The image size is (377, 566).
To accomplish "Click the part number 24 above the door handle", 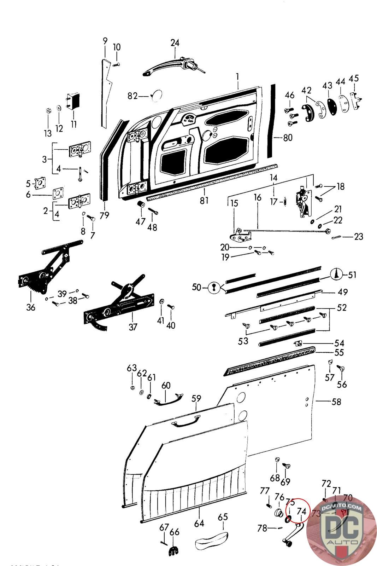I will [175, 43].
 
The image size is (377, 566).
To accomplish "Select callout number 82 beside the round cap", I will [132, 96].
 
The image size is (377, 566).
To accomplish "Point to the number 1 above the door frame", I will [238, 76].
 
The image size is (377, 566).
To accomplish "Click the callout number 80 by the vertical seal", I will [288, 137].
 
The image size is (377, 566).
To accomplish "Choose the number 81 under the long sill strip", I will [204, 201].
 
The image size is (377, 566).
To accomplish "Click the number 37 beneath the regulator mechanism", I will [133, 327].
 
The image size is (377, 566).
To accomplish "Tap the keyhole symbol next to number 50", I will [213, 287].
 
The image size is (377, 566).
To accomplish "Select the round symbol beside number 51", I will [337, 274].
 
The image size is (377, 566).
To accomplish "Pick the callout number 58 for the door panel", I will [336, 402].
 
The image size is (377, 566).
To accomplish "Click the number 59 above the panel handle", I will [196, 399].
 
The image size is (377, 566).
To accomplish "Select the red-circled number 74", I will [301, 511].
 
